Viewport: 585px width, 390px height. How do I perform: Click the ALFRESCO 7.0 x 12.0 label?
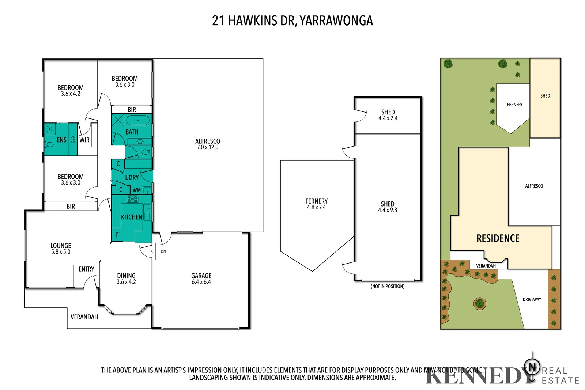(207, 144)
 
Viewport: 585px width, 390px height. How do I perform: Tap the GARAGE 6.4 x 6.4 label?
(201, 279)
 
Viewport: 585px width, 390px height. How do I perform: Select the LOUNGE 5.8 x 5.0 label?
(61, 249)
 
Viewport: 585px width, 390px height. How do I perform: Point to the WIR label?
(84, 140)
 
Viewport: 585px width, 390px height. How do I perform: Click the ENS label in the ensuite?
(61, 140)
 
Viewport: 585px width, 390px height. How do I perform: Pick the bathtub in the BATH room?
(138, 120)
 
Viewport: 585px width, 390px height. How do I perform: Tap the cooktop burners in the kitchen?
(132, 199)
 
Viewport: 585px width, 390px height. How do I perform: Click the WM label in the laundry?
(136, 190)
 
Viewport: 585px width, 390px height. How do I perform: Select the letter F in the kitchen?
(117, 235)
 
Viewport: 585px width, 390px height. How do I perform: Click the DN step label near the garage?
(163, 251)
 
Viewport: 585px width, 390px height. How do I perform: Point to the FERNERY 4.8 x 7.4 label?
(316, 204)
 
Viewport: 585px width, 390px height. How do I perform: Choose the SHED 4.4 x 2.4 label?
(388, 115)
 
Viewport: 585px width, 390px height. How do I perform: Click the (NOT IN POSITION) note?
(388, 286)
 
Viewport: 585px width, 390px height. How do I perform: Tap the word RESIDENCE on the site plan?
(498, 238)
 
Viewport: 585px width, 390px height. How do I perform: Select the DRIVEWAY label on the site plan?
(532, 299)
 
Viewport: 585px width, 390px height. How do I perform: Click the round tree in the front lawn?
(479, 303)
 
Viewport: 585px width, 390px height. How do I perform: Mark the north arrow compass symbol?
(532, 366)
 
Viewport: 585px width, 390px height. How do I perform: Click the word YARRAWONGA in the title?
(336, 20)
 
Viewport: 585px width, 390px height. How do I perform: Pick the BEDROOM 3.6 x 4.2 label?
(71, 90)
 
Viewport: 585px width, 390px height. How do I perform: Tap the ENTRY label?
(86, 269)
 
